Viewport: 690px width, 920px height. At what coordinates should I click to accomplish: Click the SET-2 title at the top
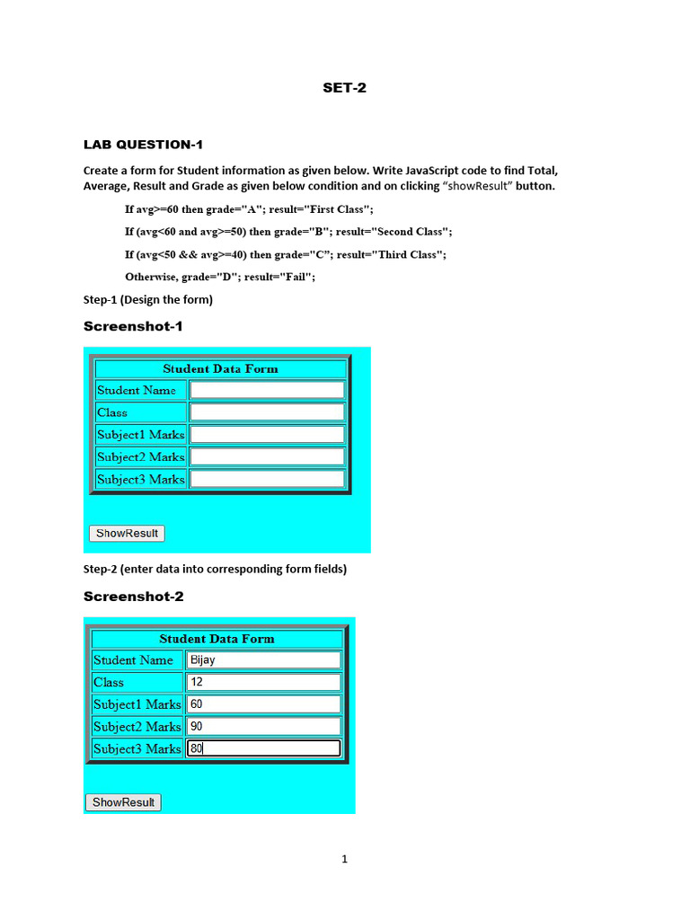pos(345,88)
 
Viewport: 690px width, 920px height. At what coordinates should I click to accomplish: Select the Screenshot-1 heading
pos(133,326)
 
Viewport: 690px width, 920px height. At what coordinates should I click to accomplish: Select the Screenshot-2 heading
pos(133,597)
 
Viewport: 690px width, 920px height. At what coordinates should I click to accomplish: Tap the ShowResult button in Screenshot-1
pos(127,534)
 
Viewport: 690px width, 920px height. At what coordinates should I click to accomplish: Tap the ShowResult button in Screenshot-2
pos(123,802)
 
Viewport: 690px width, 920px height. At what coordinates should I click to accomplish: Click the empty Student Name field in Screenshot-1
pos(267,390)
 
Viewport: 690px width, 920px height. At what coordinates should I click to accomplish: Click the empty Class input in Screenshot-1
pos(267,412)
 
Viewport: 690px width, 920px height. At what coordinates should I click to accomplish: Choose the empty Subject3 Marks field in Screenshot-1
pos(267,479)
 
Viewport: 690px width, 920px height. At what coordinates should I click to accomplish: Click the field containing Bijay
pos(263,659)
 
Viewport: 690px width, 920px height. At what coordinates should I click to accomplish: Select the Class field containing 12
pos(263,682)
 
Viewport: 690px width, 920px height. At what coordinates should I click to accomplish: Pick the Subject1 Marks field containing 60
pos(263,704)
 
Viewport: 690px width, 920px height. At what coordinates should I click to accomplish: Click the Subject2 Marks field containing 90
pos(263,726)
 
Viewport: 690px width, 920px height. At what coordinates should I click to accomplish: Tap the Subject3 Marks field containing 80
pos(263,748)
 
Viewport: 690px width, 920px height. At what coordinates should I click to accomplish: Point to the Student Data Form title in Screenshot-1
pos(220,369)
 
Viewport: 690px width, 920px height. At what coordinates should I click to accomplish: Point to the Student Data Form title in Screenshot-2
pos(217,639)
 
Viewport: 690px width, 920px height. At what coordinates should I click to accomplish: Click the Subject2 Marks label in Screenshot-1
pos(141,456)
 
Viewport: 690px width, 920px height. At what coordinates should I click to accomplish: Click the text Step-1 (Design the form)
pos(148,299)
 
